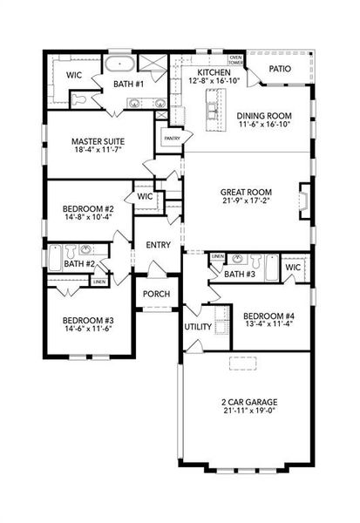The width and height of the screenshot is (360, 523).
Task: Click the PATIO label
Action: click(x=279, y=68)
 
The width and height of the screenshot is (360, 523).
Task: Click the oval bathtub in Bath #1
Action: click(x=119, y=65)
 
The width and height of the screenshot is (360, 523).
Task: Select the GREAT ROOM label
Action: click(x=247, y=192)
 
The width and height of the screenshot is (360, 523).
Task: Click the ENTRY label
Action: click(x=158, y=245)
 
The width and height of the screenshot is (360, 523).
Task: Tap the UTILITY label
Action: click(x=197, y=328)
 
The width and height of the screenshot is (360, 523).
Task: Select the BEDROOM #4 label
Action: click(x=270, y=316)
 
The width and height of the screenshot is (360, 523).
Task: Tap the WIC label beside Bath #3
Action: click(x=291, y=268)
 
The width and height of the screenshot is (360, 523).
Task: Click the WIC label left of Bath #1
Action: click(x=75, y=75)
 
